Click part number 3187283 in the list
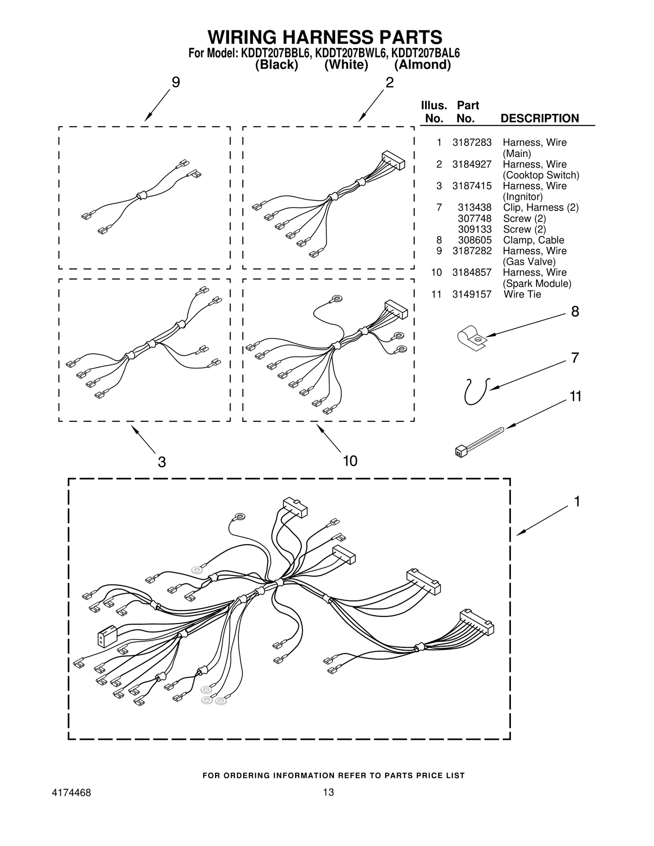(471, 143)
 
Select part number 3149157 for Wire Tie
(471, 294)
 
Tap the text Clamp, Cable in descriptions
(533, 240)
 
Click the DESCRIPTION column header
(540, 118)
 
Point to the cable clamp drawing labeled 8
(470, 338)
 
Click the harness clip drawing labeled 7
(476, 391)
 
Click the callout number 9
(175, 83)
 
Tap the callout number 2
(390, 83)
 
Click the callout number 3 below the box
(162, 462)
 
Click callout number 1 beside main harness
(577, 501)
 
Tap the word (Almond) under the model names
(422, 65)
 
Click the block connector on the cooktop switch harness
(393, 160)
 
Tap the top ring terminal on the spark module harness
(337, 299)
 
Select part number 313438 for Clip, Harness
(474, 208)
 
